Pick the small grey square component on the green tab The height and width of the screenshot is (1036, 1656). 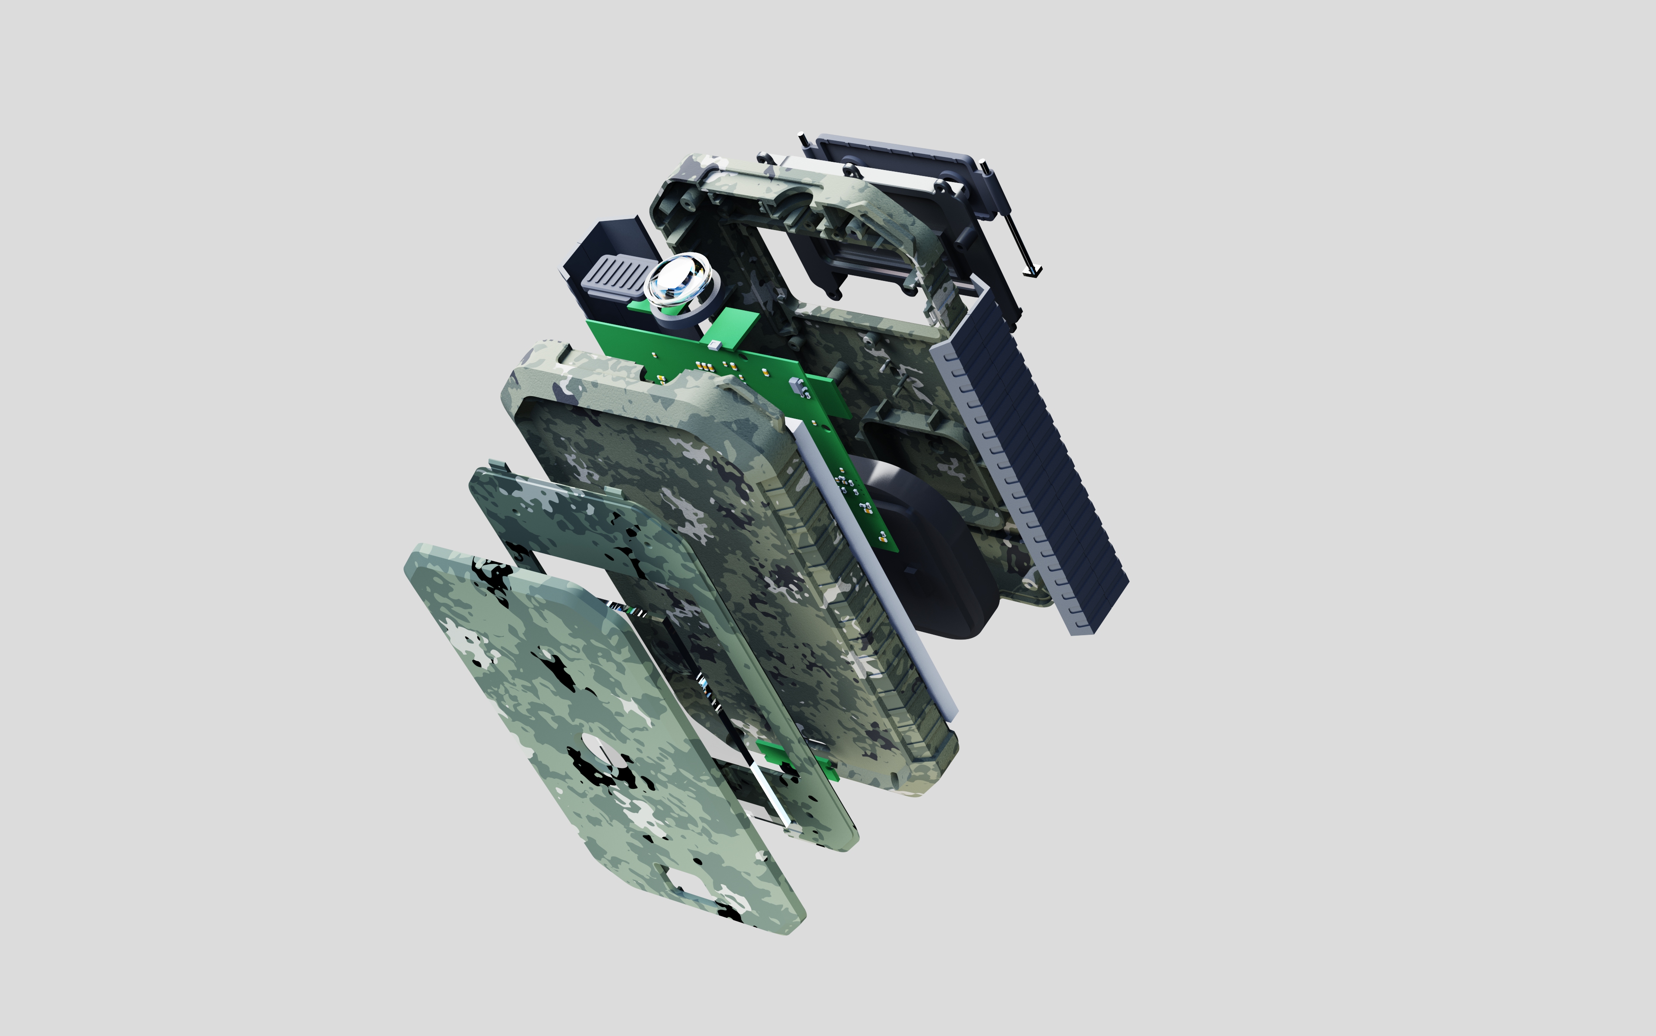coord(714,345)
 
